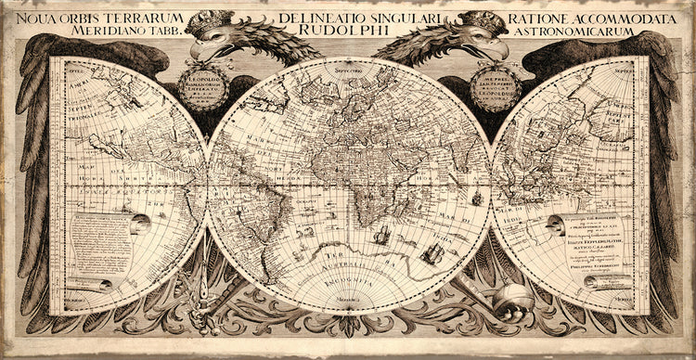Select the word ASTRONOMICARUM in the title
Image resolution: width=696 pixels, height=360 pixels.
tap(590, 31)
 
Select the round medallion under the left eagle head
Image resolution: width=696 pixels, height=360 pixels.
tap(202, 88)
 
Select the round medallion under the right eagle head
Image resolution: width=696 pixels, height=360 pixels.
tap(496, 88)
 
